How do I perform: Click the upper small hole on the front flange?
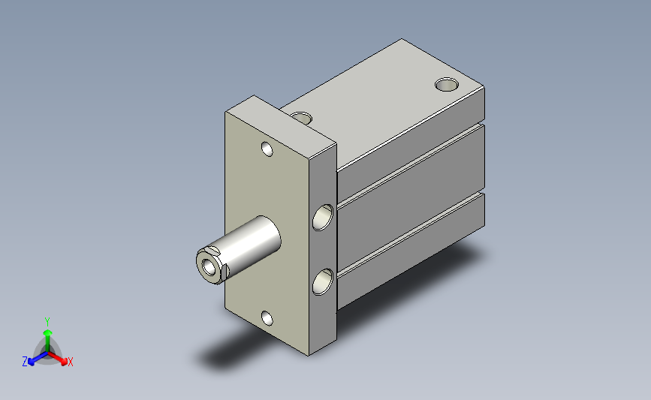(267, 149)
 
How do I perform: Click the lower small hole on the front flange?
(267, 318)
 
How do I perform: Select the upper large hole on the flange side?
(323, 218)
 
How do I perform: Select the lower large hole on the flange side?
(323, 281)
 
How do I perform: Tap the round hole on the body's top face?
(447, 84)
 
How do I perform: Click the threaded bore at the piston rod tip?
(209, 267)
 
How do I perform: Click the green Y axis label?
(47, 322)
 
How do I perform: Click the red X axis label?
(70, 362)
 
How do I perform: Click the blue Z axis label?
(25, 362)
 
